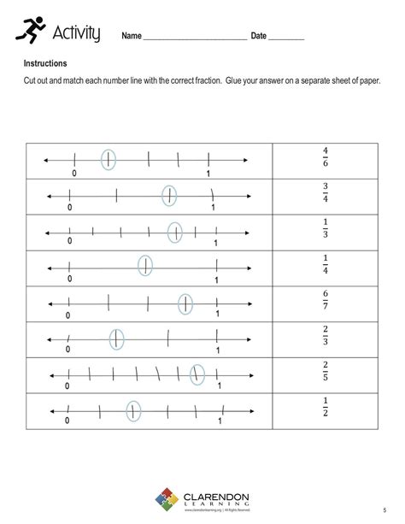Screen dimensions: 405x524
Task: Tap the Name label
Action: (x=131, y=36)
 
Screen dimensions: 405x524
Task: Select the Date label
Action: (x=260, y=36)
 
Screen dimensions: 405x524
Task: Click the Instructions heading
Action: (x=45, y=63)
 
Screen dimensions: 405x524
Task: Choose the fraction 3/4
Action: (x=326, y=194)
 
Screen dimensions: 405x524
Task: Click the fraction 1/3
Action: (x=326, y=230)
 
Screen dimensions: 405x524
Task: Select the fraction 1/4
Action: (x=326, y=266)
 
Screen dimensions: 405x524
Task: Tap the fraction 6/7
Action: (x=326, y=302)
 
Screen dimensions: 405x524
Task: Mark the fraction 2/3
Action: (x=326, y=338)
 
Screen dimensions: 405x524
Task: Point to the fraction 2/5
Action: (x=326, y=374)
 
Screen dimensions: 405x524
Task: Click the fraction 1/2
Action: (x=326, y=409)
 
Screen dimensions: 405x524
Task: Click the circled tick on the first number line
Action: (x=109, y=159)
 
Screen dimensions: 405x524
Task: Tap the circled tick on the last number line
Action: (x=133, y=411)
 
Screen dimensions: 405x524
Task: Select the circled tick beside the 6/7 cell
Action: (x=185, y=303)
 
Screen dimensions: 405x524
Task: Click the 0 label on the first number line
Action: (x=74, y=174)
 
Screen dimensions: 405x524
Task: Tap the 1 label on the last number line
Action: (x=220, y=421)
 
